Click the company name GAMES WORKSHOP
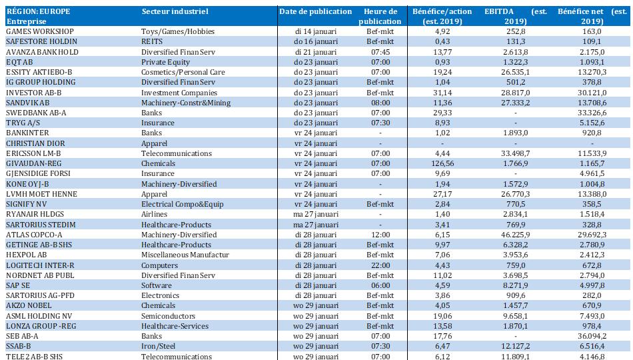click(39, 31)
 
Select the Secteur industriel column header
click(175, 11)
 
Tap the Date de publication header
click(315, 11)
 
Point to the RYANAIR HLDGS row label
click(35, 214)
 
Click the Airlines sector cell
click(155, 214)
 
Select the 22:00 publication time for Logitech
click(380, 265)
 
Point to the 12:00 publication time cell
click(380, 235)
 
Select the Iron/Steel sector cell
click(159, 347)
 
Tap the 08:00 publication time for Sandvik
click(380, 103)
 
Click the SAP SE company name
click(19, 285)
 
